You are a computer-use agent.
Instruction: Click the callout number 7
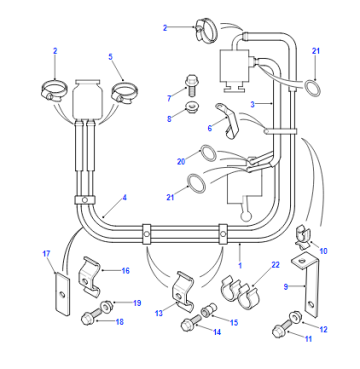coord(169,98)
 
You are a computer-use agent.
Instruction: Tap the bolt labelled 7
coord(190,84)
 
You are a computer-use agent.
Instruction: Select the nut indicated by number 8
coord(191,107)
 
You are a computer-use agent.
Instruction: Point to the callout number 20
coord(181,162)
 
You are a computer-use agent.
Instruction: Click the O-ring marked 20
coord(207,153)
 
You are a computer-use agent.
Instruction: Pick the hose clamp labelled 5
coord(125,92)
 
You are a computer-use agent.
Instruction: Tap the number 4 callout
coord(124,197)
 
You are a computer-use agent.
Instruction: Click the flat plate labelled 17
coord(62,294)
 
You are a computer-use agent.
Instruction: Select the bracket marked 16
coord(89,275)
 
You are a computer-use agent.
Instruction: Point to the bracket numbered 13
coord(183,289)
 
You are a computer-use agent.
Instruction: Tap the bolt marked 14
coord(191,324)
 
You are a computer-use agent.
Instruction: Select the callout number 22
coord(275,265)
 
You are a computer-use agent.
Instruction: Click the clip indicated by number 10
coord(303,237)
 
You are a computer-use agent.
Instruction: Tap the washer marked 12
coord(296,316)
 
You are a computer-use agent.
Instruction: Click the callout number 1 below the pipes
coord(240,266)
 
